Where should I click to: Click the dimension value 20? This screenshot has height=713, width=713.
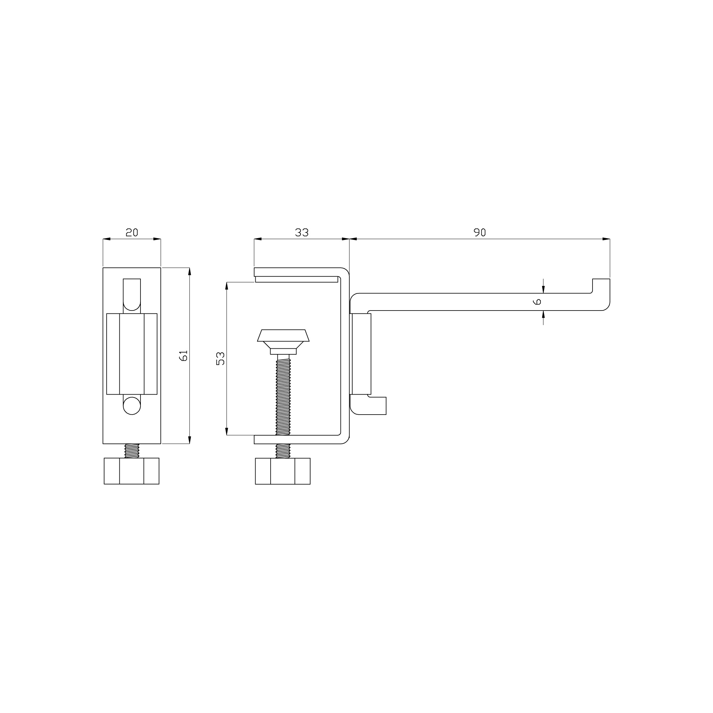132,232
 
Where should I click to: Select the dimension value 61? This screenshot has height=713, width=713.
183,355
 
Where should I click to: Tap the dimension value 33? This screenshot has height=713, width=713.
302,232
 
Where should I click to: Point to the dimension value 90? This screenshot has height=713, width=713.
480,232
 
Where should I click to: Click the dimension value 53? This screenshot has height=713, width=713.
220,358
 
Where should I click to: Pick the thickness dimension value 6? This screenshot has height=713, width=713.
537,302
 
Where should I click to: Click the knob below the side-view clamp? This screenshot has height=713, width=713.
283,471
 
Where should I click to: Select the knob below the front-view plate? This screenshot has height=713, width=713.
132,471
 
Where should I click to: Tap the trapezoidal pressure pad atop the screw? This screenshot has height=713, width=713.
283,335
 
